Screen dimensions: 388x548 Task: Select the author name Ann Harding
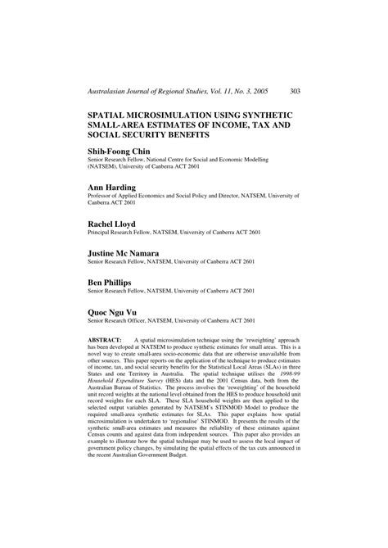coord(116,188)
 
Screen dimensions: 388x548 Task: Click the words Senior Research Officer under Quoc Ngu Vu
coord(122,322)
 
